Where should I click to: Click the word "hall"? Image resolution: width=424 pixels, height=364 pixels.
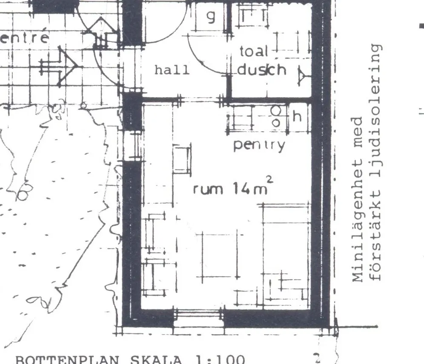click(172, 70)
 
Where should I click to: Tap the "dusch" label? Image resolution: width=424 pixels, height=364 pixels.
click(262, 69)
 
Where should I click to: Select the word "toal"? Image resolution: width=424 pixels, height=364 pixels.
click(254, 52)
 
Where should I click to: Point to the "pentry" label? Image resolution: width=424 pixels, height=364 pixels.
click(259, 145)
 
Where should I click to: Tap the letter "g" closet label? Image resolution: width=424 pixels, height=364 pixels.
click(211, 17)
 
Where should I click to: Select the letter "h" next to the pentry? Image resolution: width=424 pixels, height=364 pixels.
click(297, 116)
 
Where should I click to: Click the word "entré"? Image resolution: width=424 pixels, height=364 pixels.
click(25, 38)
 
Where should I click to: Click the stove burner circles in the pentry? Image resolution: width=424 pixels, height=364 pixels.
click(276, 116)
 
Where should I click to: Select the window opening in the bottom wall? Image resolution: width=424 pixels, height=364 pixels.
click(198, 317)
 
